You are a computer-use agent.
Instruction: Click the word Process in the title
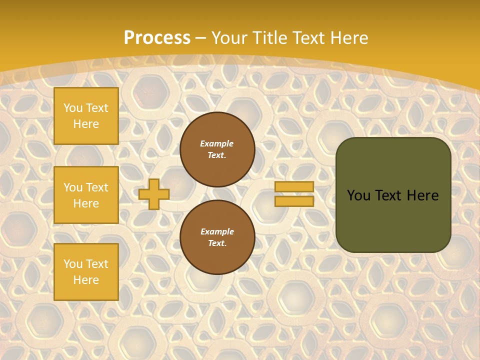157,38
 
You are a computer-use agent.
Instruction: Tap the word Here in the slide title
348,38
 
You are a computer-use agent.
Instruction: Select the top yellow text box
86,116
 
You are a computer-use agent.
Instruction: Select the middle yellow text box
86,195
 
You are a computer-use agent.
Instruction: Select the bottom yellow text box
86,272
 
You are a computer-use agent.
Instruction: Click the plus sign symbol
154,194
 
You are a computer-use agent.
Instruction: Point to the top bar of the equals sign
294,186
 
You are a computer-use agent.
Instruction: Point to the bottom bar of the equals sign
294,201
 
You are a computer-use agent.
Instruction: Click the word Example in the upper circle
217,143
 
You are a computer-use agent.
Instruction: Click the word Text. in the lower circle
217,243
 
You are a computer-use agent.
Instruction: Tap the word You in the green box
358,195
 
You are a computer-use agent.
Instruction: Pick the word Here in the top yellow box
86,124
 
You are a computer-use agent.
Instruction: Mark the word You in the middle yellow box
73,187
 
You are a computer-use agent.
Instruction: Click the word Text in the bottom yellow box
97,264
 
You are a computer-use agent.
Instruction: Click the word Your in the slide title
229,38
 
